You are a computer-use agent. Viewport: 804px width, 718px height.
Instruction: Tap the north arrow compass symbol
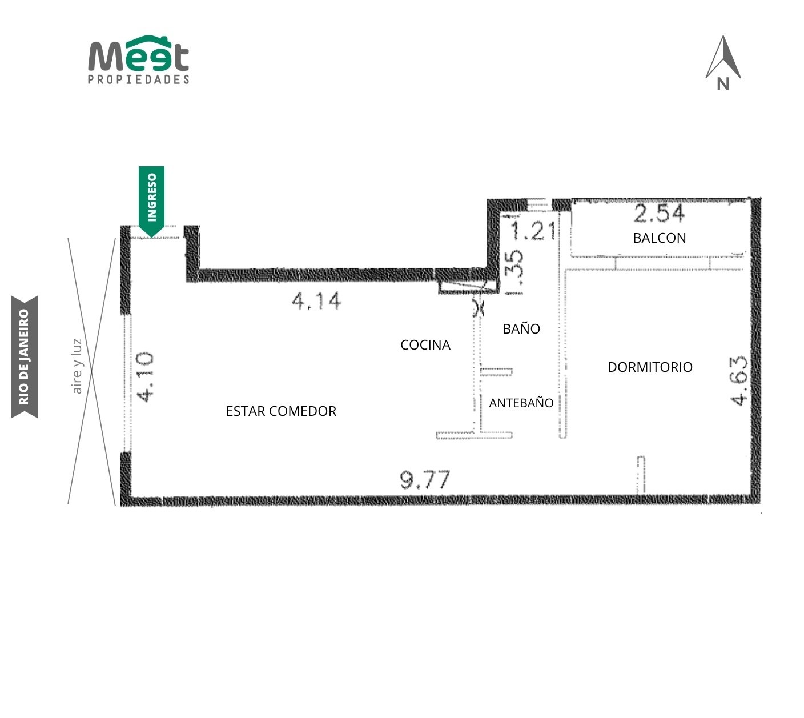(x=722, y=62)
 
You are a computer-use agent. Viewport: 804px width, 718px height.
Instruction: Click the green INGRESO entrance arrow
(x=151, y=202)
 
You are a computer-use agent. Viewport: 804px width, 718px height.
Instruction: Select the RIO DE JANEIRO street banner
(x=25, y=356)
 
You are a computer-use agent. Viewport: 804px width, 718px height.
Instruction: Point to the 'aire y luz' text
(x=77, y=366)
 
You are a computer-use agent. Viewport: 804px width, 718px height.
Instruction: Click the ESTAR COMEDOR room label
(x=281, y=411)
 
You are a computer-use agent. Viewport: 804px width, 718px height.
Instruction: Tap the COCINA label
(x=425, y=344)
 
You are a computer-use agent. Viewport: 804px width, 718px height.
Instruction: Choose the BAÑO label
(x=521, y=328)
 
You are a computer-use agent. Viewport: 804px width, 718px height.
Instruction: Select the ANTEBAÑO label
(x=521, y=402)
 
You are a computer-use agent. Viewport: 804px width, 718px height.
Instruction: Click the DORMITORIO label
(x=650, y=367)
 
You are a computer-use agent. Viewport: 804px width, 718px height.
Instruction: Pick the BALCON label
(x=659, y=238)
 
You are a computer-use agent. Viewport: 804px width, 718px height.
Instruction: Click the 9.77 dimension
(x=425, y=479)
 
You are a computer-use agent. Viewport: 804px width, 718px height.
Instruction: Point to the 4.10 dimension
(x=145, y=376)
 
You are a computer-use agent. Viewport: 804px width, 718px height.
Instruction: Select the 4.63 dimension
(x=738, y=380)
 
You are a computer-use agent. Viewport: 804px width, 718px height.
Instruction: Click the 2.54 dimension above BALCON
(x=659, y=213)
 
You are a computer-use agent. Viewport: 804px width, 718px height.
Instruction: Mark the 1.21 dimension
(x=533, y=231)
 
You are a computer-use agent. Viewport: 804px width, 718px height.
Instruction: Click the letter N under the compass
(x=723, y=84)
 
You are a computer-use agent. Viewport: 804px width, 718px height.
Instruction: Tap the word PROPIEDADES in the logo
(x=138, y=79)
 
